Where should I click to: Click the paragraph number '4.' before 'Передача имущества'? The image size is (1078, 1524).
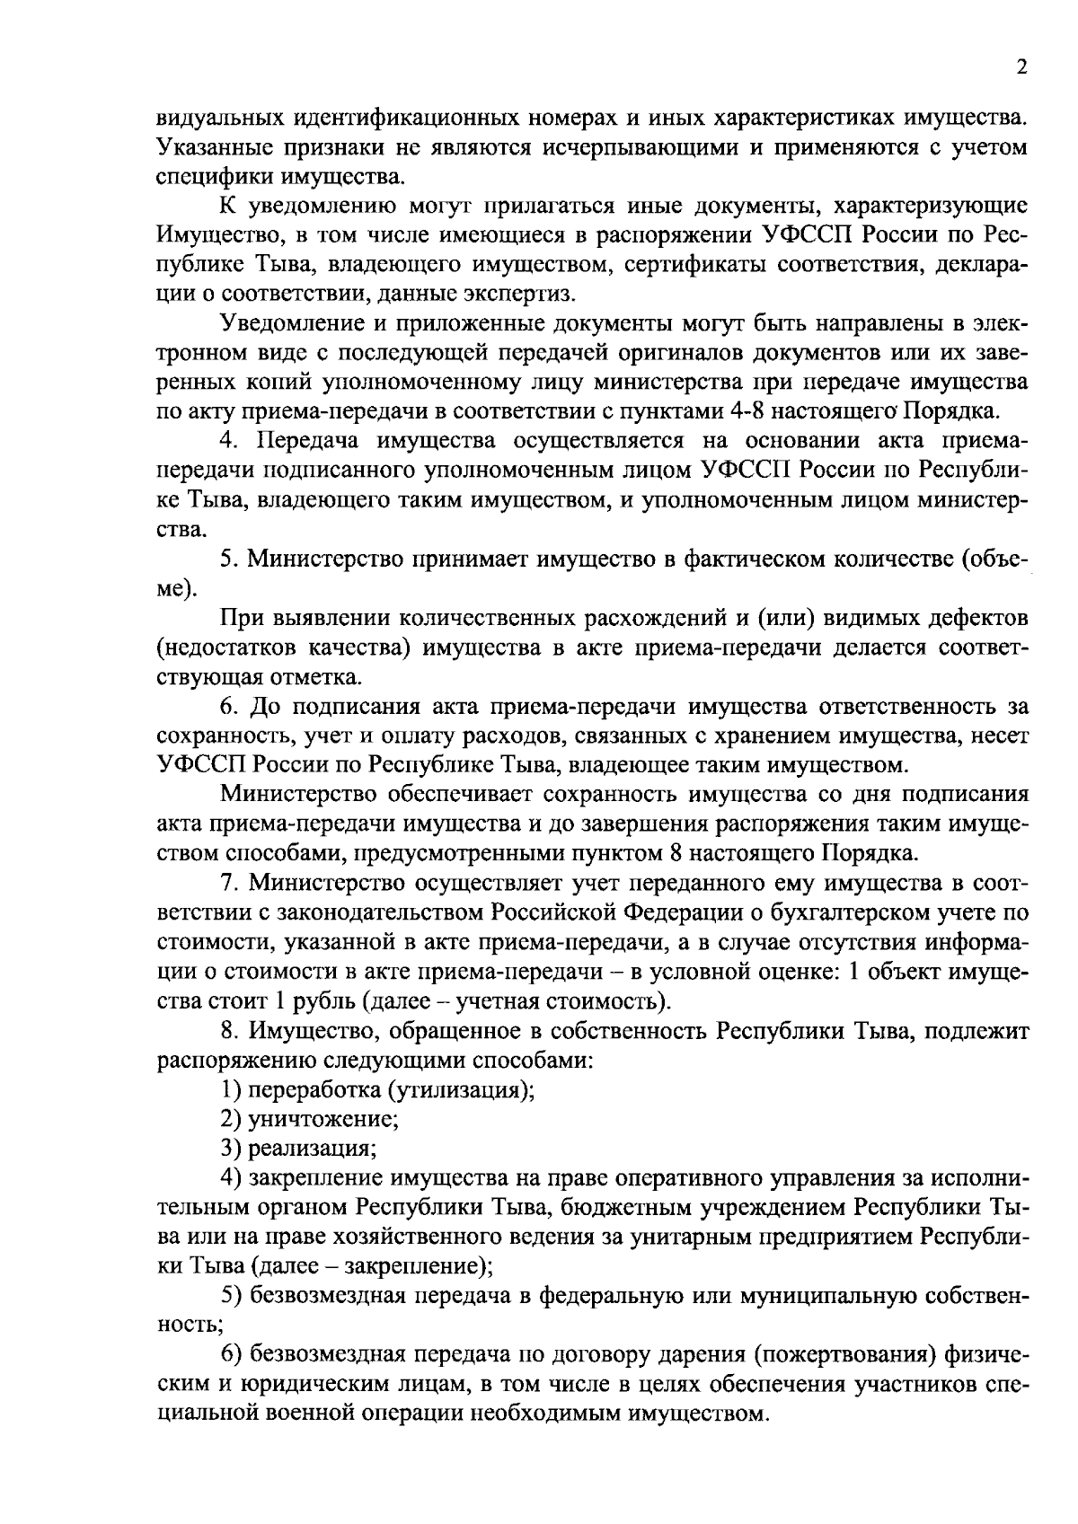tap(229, 441)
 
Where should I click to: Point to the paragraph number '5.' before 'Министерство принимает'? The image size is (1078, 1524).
tap(229, 559)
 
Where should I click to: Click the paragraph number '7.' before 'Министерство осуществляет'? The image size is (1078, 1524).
tap(229, 883)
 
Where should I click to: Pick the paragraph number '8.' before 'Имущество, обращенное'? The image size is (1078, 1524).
tap(229, 1030)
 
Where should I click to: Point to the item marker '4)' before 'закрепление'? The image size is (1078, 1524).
tap(231, 1177)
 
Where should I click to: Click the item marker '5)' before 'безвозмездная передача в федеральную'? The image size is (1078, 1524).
tap(231, 1295)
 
